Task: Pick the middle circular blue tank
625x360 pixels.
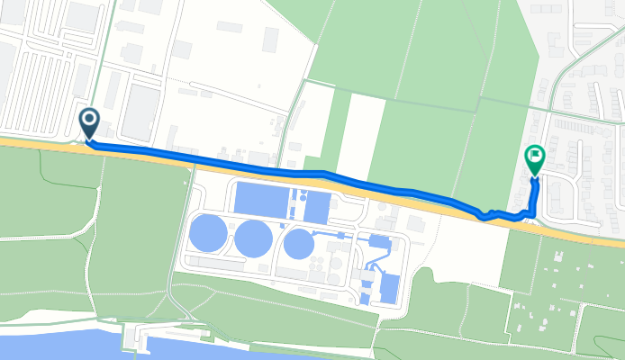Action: click(254, 238)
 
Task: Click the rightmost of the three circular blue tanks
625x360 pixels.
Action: click(298, 243)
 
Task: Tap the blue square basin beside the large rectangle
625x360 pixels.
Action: click(317, 208)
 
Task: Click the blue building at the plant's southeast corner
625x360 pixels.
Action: click(390, 287)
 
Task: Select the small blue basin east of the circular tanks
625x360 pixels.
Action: click(378, 240)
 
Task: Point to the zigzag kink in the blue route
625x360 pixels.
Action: click(487, 215)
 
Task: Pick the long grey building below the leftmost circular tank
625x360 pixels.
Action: click(216, 264)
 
